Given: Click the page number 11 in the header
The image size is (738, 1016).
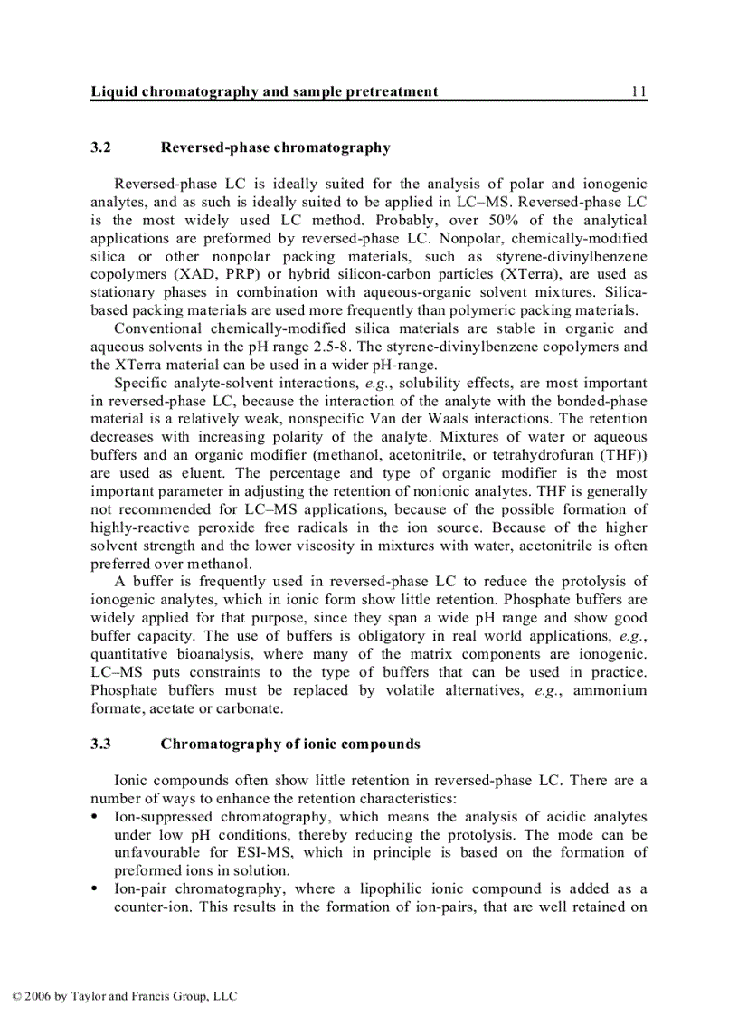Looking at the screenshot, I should click(x=639, y=91).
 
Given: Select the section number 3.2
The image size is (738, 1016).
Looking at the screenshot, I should click(x=100, y=147).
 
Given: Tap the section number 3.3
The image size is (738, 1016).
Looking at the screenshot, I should click(x=100, y=745).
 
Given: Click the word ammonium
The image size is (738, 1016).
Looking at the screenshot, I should click(x=612, y=690).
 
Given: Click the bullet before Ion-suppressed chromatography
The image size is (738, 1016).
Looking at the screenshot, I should click(x=95, y=817).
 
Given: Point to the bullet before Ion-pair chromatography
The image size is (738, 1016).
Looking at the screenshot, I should click(x=95, y=889).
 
